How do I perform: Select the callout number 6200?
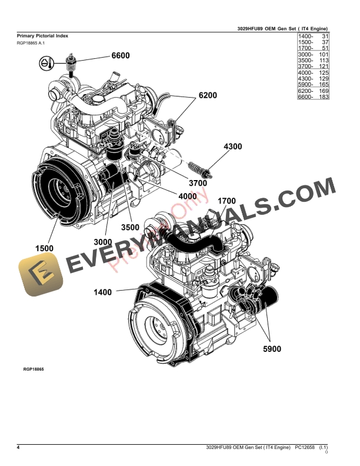coord(208,95)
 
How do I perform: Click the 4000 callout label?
coord(187,196)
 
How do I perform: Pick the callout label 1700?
coord(226,201)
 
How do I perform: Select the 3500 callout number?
coord(130,227)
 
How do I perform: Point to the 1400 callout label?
coord(103,291)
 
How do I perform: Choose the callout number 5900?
coord(271,349)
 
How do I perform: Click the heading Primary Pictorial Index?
coord(42,36)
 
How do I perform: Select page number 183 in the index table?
coord(323,96)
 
